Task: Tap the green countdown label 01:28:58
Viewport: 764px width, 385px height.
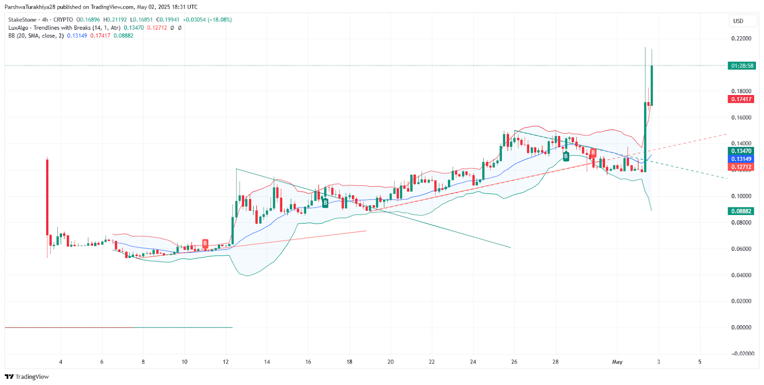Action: [742, 66]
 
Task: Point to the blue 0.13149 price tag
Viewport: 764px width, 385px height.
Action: [741, 159]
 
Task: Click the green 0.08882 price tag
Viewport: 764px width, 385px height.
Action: [741, 211]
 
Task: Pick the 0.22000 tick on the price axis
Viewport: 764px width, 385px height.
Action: [741, 39]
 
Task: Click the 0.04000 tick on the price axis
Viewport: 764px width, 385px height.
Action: [741, 275]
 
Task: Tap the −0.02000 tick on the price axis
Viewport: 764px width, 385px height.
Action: [743, 353]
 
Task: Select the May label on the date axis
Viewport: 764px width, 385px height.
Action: [617, 362]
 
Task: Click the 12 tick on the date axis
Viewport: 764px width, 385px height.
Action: [225, 362]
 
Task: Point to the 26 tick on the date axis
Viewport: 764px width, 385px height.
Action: [514, 362]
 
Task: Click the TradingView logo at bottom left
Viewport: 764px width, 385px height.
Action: [27, 377]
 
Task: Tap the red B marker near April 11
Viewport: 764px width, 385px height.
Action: [205, 244]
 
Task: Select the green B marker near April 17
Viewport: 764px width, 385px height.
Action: [325, 203]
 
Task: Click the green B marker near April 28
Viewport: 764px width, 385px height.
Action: [566, 156]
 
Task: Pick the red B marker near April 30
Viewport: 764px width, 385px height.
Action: [593, 153]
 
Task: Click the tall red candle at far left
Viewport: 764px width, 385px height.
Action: [47, 196]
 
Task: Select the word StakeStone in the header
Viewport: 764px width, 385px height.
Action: [22, 20]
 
